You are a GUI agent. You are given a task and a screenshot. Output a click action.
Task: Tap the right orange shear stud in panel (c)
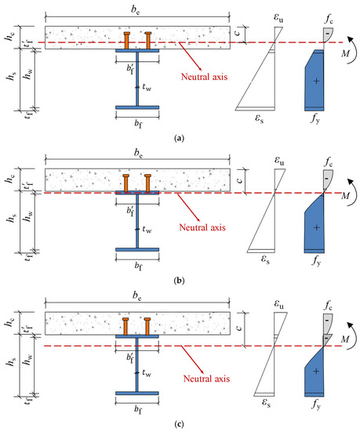pos(147,325)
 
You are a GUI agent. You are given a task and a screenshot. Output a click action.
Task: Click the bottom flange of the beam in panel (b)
pos(136,250)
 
